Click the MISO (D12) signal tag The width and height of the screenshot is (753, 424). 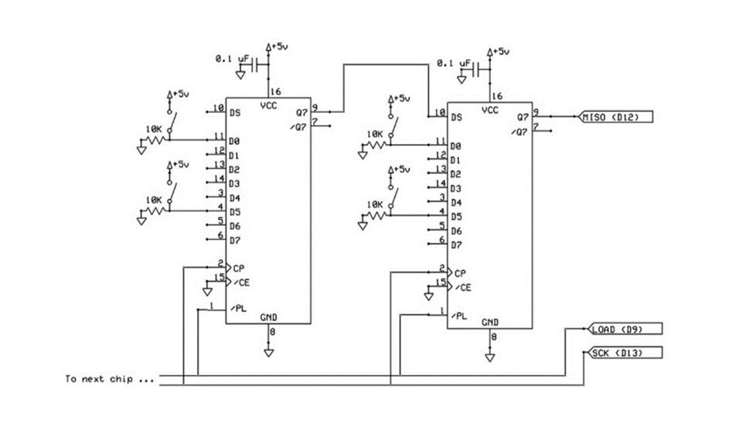tap(616, 116)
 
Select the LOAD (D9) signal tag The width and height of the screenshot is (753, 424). tap(614, 330)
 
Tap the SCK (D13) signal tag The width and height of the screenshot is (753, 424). tap(615, 353)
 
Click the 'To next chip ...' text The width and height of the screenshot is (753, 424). tap(109, 379)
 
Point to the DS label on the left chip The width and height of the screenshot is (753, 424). tap(234, 113)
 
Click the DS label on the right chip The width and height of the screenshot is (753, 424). tap(456, 117)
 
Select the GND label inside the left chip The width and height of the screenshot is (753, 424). tap(269, 317)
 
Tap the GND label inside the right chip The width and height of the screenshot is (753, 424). tap(490, 322)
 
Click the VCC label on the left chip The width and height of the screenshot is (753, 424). tap(269, 107)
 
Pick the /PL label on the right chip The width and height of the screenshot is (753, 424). tap(461, 316)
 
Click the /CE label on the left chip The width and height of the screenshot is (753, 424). tap(242, 282)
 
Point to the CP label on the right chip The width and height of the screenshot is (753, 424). tap(460, 273)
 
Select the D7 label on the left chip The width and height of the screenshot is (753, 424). tap(234, 239)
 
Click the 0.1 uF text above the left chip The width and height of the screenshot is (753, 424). tap(232, 58)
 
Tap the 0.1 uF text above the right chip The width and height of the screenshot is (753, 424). tap(454, 63)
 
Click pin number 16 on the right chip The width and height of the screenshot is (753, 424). tap(496, 96)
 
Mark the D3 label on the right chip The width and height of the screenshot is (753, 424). tap(456, 188)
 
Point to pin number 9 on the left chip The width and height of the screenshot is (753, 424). tap(315, 108)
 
